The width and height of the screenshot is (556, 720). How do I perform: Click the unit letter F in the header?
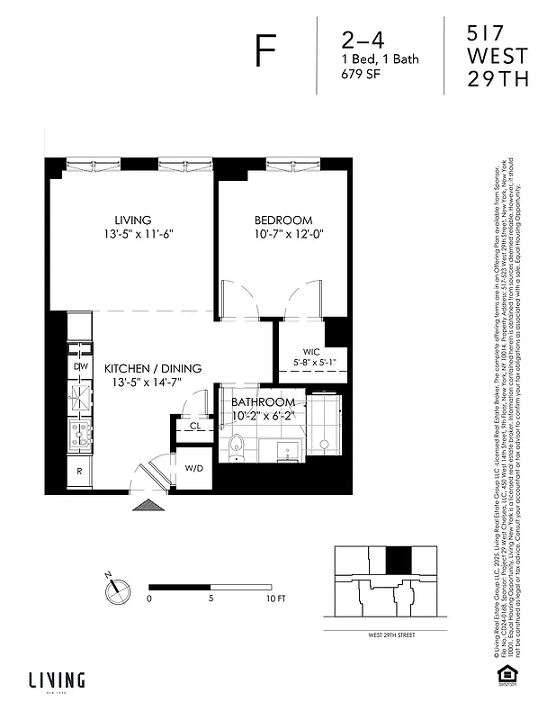265,53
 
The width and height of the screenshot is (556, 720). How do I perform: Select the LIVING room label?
132,220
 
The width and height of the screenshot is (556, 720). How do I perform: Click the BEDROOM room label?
282,220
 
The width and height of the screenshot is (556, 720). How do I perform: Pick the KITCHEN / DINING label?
152,368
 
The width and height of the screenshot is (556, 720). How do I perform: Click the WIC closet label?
311,351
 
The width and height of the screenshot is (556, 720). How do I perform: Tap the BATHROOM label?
263,401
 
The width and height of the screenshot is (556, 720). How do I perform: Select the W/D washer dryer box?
194,469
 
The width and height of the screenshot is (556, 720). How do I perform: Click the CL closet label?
194,426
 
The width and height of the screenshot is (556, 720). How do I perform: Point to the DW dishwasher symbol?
79,366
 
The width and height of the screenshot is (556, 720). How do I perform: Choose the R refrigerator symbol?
79,471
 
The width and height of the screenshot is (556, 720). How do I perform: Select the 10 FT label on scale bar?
275,598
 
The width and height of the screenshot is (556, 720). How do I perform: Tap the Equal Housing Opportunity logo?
506,673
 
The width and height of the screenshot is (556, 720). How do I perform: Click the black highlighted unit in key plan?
397,560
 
